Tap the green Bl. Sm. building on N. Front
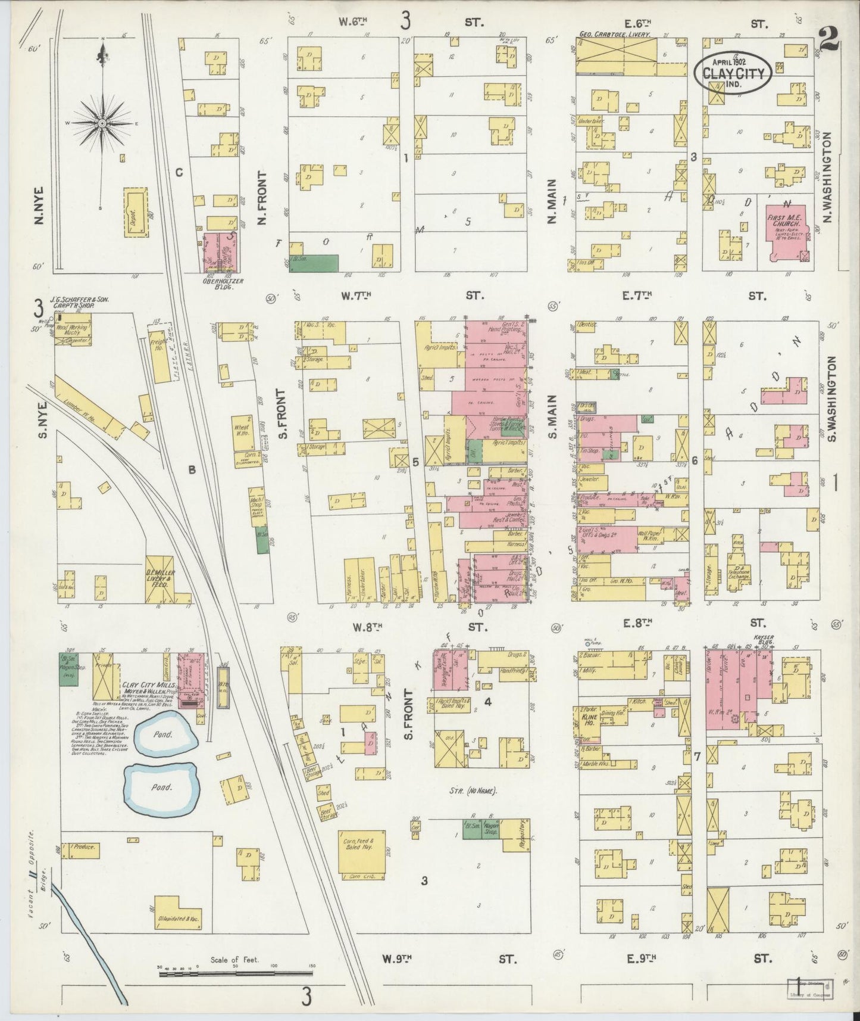[x=314, y=263]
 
